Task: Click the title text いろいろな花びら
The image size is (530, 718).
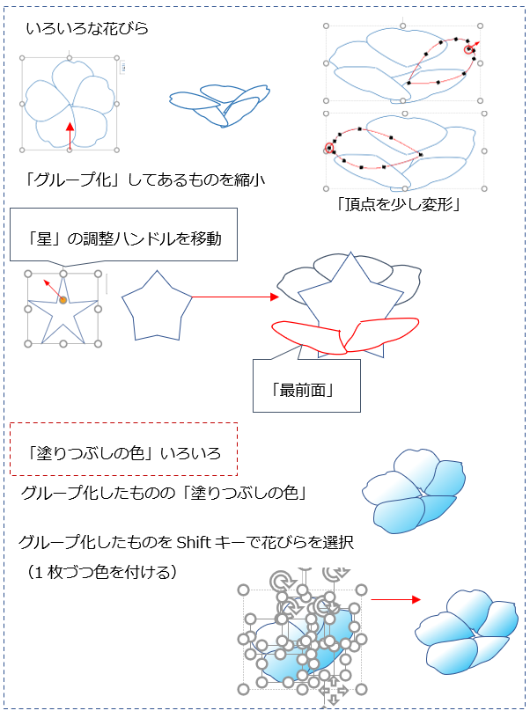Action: (87, 29)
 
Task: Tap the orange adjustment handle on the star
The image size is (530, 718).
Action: (63, 300)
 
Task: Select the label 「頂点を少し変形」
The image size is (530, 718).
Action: (398, 204)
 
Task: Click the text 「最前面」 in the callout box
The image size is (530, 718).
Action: (302, 391)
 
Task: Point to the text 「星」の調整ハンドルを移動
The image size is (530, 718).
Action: (124, 238)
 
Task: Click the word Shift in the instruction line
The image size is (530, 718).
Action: (194, 543)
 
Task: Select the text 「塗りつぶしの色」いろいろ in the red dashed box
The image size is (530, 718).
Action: (123, 453)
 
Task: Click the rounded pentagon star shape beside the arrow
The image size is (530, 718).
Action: (157, 305)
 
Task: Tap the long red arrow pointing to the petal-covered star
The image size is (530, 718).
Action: (235, 297)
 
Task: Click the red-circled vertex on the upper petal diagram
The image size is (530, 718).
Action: (468, 49)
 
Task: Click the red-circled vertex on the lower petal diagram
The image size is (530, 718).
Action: (329, 148)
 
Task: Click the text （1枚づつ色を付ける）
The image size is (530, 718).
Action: (102, 572)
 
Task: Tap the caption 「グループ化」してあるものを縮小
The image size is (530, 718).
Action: (144, 179)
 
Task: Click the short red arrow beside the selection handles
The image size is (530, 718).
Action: (395, 599)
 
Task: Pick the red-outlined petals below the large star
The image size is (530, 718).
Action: (344, 336)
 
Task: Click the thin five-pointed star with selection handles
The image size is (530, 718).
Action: (63, 309)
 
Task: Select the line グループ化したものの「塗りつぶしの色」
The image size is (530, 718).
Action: (164, 494)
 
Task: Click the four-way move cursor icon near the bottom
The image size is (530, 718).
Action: (334, 692)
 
